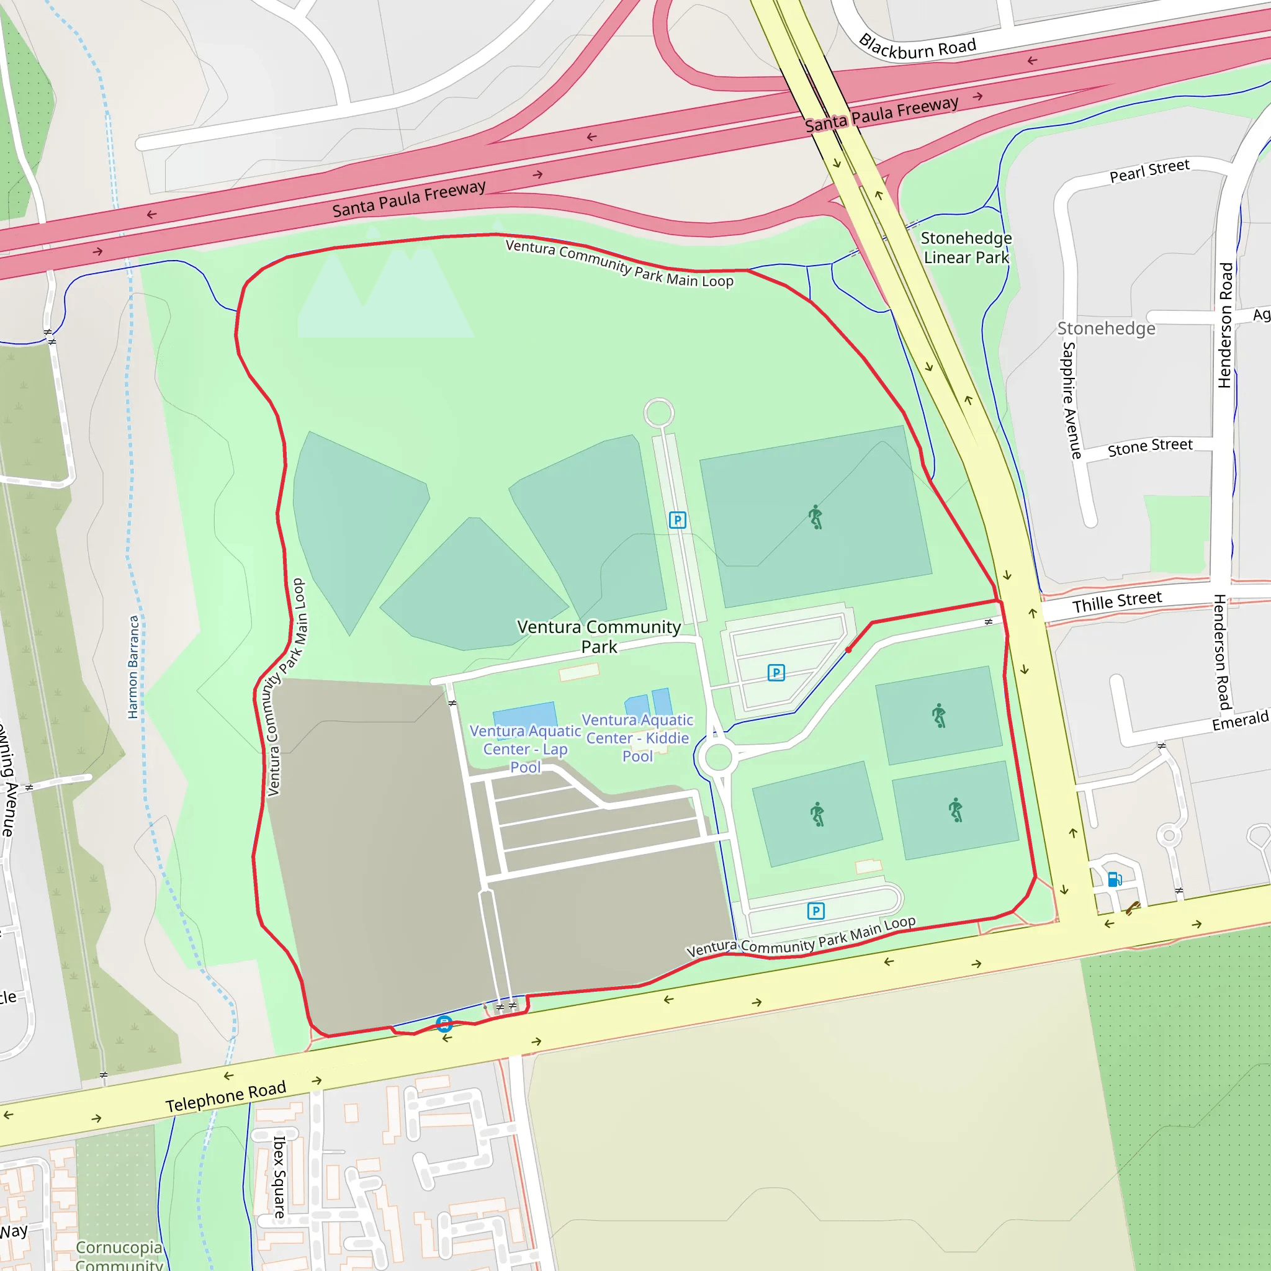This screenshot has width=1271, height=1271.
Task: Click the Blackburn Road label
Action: (x=917, y=47)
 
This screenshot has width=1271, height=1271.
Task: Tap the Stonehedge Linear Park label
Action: (x=966, y=248)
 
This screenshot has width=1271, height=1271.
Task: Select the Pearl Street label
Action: (x=1149, y=171)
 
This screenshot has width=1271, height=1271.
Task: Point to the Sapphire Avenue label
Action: (x=1071, y=400)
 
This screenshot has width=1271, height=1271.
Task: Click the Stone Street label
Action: (x=1150, y=447)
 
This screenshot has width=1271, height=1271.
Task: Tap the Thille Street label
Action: (x=1117, y=601)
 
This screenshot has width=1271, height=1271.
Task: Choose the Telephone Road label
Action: (x=226, y=1097)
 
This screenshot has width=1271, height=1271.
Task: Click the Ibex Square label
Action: (x=279, y=1177)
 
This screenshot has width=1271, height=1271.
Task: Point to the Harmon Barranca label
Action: (x=133, y=667)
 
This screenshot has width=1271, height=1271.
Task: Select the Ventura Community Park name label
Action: (x=599, y=636)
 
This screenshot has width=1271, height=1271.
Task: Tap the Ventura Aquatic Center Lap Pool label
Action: (x=525, y=748)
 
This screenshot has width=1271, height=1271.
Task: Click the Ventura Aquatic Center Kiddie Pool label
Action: (x=637, y=737)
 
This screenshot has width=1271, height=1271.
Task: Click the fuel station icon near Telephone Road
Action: (x=1115, y=879)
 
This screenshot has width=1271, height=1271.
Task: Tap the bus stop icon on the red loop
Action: (x=444, y=1023)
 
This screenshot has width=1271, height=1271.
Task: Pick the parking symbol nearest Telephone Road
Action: (x=815, y=910)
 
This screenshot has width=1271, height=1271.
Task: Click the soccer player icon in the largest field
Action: (x=815, y=517)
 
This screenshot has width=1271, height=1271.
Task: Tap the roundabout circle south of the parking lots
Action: (x=718, y=757)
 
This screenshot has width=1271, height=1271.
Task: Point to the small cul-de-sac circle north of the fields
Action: (x=658, y=413)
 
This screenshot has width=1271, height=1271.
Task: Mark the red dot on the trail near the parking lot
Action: (x=848, y=650)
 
